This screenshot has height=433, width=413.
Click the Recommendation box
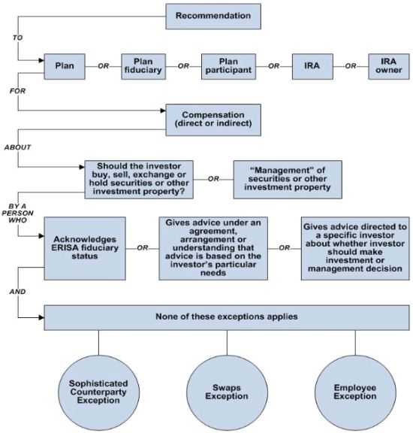point(213,17)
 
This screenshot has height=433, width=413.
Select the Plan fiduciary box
point(143,67)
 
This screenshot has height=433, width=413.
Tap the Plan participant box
point(228,67)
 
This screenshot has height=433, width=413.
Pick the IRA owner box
point(389,67)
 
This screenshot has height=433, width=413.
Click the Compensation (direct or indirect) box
point(213,120)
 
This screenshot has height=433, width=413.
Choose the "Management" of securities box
point(288,180)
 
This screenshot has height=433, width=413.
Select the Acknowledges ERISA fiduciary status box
point(85,249)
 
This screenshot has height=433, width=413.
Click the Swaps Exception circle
point(227,392)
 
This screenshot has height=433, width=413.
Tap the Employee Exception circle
point(355,392)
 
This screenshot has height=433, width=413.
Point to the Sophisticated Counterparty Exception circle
point(99,392)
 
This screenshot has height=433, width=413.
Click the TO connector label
point(18,38)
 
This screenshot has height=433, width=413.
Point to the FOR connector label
point(18,91)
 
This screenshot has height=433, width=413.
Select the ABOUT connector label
point(18,147)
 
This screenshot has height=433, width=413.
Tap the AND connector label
point(18,292)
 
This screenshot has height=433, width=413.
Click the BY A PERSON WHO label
point(18,213)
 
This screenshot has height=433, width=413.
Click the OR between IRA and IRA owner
point(351,66)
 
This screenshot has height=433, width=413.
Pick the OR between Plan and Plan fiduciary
point(104,66)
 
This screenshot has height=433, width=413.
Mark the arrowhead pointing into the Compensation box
point(163,111)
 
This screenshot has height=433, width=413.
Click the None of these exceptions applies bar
point(227,317)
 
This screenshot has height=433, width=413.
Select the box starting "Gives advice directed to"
point(355,249)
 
